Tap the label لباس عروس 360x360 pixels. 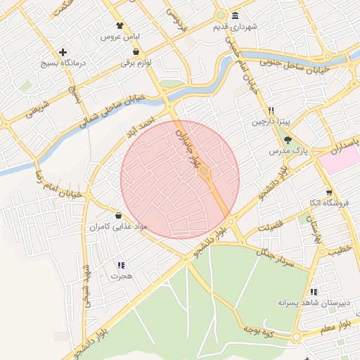pos(121,36)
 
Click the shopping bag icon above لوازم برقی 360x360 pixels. pos(135,52)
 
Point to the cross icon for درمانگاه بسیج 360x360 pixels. pos(63,52)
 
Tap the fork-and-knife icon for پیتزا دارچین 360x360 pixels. pos(271,111)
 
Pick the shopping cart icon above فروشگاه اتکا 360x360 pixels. pos(328,192)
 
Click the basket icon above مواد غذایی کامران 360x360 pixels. pos(117,216)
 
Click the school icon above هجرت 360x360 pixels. pos(120,265)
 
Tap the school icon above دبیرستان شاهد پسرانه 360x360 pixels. pos(313,291)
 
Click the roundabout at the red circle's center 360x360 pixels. pos(204,171)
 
